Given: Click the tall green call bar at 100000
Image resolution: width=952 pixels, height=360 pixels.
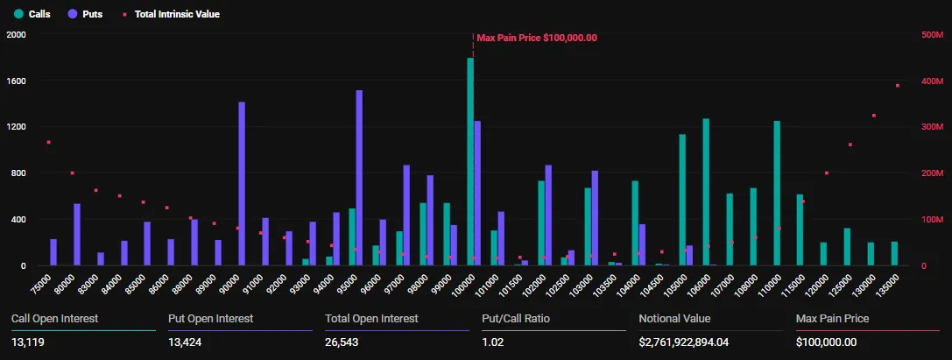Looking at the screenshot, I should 470,162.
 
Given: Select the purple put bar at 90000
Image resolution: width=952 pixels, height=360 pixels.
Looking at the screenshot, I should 242,184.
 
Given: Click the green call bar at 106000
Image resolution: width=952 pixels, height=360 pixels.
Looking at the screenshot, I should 706,192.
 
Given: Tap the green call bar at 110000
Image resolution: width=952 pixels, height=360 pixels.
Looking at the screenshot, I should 777,193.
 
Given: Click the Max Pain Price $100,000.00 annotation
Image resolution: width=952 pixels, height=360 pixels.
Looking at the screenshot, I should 536,38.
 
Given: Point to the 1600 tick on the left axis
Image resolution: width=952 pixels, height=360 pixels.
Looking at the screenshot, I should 16,81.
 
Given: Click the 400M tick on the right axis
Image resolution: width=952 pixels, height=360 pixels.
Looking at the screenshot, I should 932,81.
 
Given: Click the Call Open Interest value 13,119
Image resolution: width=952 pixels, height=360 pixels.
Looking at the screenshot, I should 28,342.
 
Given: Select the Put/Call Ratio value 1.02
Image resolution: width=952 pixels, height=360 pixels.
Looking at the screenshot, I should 493,342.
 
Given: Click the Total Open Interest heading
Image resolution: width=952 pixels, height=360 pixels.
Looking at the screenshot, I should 371,319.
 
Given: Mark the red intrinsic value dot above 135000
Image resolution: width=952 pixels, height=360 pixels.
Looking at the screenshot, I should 897,86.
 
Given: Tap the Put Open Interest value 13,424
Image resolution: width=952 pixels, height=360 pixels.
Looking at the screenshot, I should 186,342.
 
